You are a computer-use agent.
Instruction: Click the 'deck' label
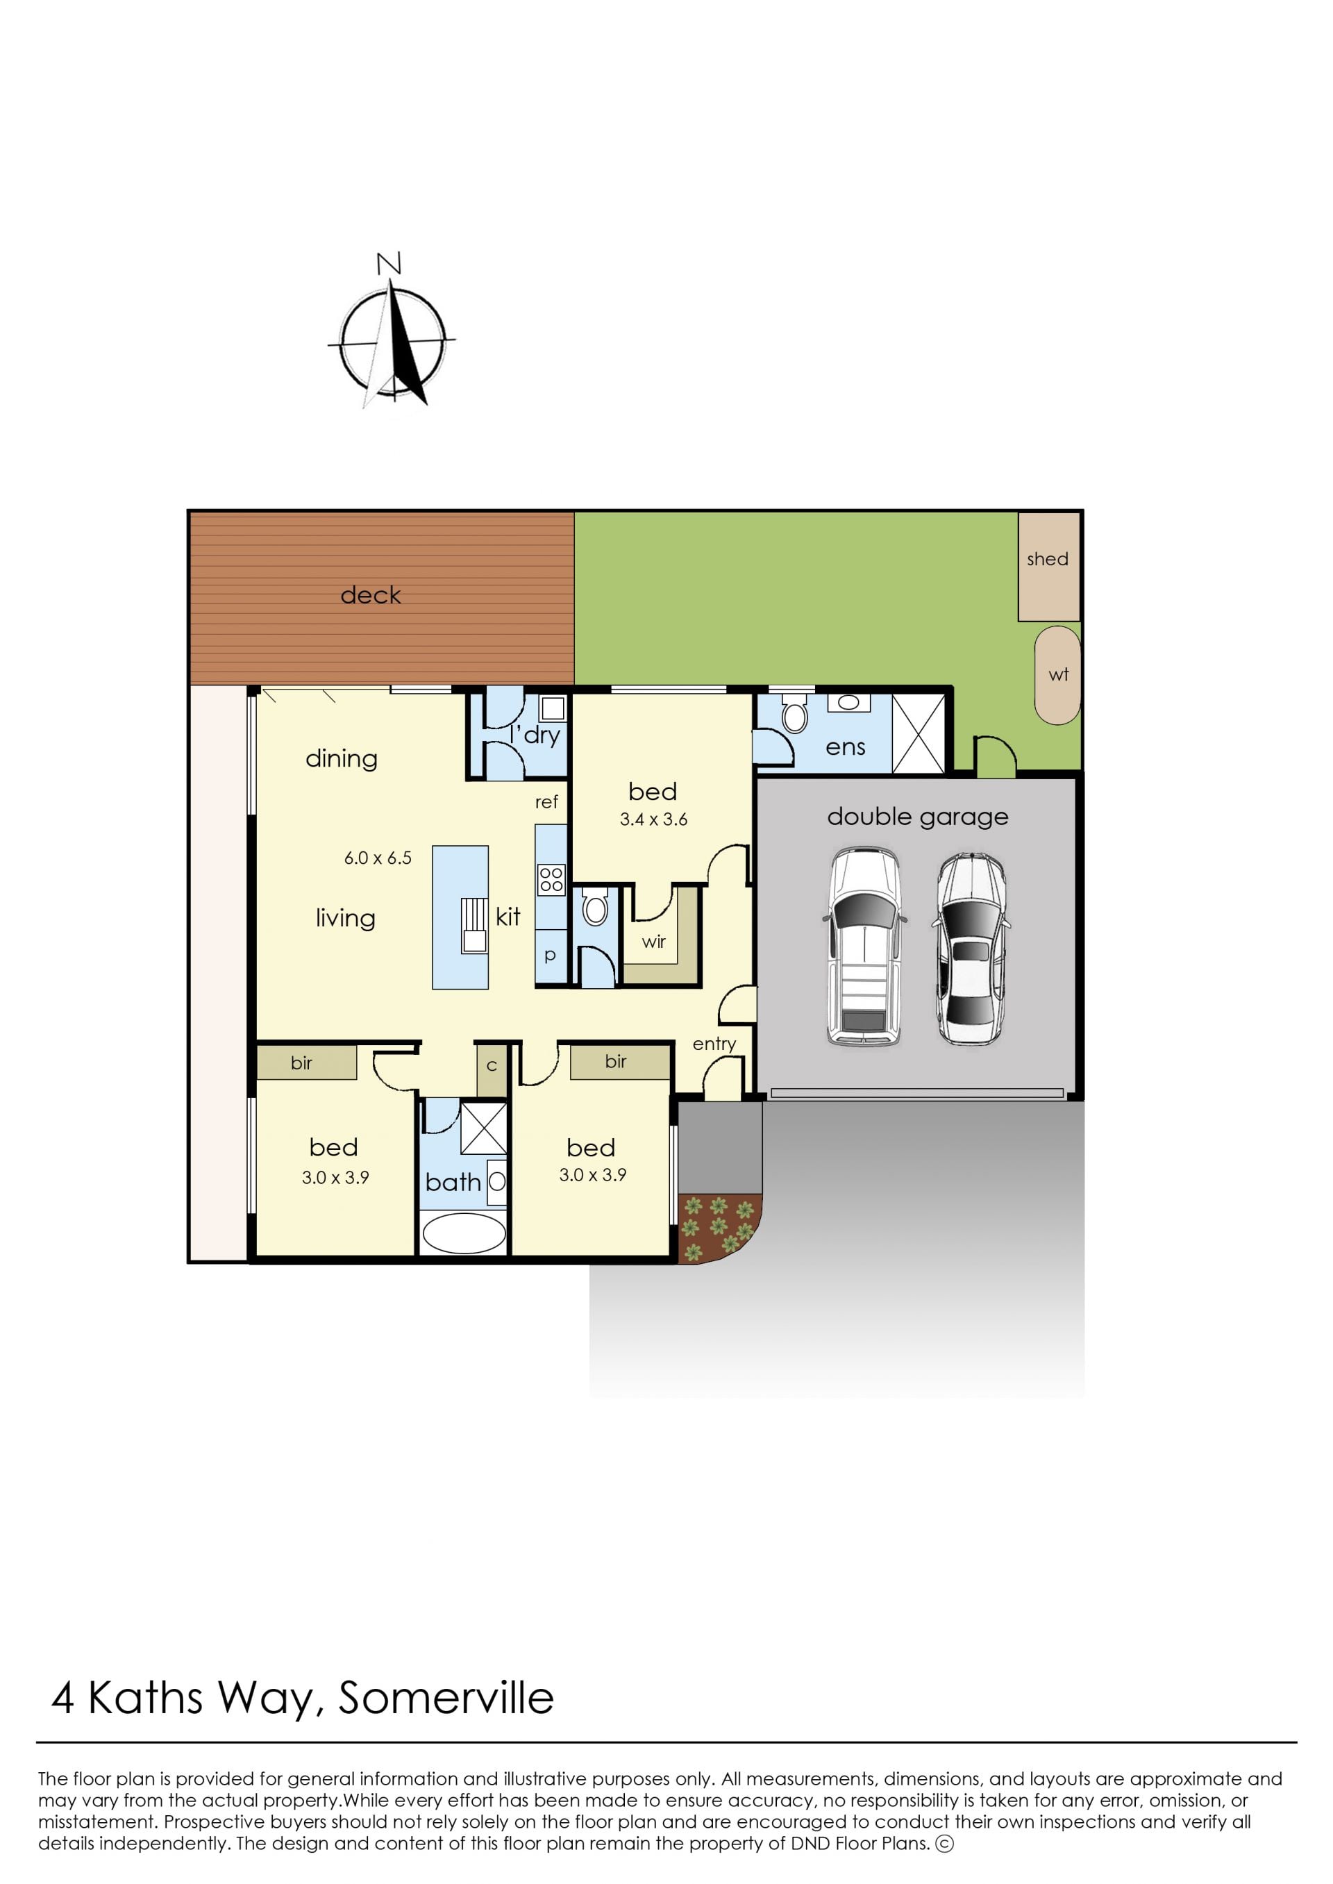point(370,595)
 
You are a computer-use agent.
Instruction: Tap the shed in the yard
point(1048,567)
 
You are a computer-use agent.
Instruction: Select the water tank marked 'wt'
point(1057,676)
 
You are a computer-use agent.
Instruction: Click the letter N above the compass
point(388,263)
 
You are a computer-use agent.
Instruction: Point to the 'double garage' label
point(917,817)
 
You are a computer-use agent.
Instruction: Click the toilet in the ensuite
point(794,712)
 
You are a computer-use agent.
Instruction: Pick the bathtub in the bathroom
point(464,1232)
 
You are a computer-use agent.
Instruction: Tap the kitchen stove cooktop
point(551,880)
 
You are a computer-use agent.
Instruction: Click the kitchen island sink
point(474,925)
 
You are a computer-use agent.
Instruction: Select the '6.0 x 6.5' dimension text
point(378,858)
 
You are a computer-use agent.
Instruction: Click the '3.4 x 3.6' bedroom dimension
point(653,819)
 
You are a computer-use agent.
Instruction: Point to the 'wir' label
point(653,942)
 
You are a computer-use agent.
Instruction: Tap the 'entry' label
point(714,1044)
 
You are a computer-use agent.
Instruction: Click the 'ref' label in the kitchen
point(546,802)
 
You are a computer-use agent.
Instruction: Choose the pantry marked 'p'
point(550,954)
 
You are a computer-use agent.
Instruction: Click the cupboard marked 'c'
point(492,1067)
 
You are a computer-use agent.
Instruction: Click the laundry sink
point(553,708)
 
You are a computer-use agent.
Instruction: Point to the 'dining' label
point(342,759)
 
